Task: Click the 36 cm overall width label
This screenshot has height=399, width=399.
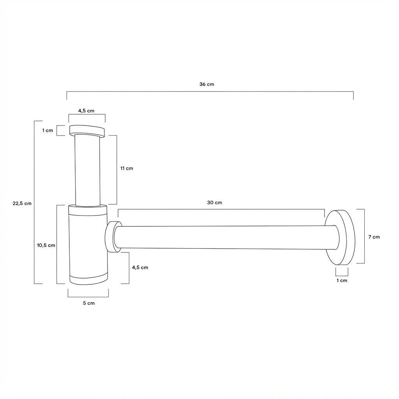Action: point(207,84)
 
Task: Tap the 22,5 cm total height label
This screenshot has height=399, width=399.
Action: point(22,203)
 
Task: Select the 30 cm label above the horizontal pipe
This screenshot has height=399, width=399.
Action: point(215,203)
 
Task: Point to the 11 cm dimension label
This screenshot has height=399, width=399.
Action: point(127,168)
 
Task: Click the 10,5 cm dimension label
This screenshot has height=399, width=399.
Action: point(46,245)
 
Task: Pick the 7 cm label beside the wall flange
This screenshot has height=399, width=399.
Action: point(374,237)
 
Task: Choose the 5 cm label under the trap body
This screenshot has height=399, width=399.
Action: point(89,303)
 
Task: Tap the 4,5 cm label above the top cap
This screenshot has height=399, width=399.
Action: point(86,111)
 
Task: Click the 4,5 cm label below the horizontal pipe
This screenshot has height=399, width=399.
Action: point(140,267)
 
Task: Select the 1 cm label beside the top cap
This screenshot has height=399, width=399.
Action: point(48,130)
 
